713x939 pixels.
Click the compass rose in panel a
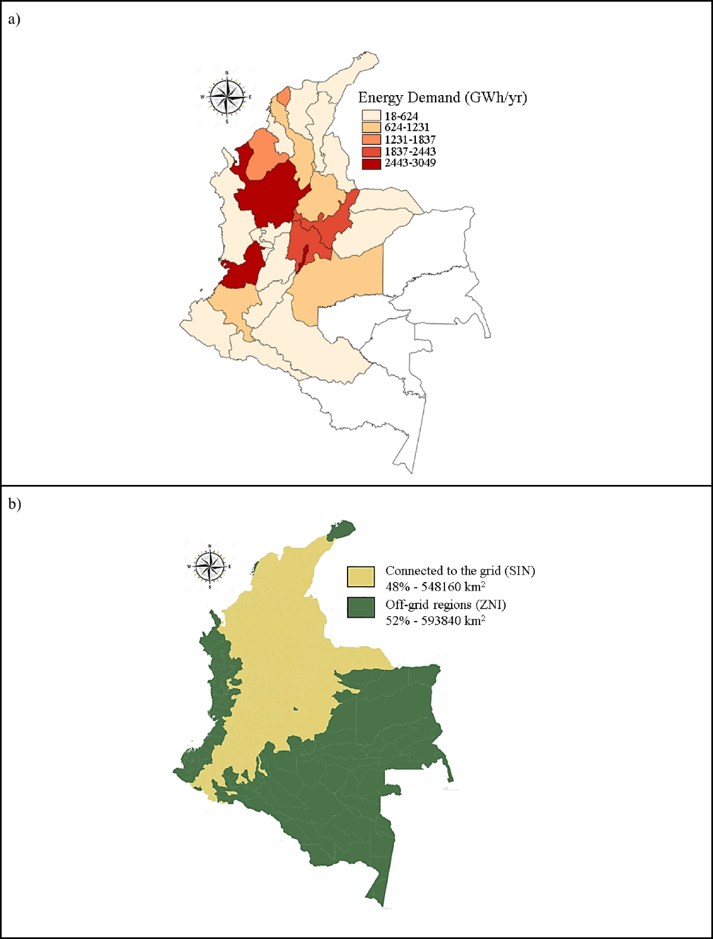[227, 97]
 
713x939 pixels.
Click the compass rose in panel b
[210, 566]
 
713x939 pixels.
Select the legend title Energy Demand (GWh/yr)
[443, 97]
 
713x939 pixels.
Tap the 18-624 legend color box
[371, 116]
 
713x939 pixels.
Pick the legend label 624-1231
[407, 127]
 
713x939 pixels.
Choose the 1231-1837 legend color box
[371, 139]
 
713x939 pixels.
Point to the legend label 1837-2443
[410, 151]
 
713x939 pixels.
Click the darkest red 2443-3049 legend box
[371, 163]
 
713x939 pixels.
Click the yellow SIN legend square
[361, 576]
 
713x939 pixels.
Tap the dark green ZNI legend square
[361, 607]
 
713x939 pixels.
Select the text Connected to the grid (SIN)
[460, 571]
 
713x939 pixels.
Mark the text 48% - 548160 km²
[436, 587]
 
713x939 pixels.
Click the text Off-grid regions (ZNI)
[446, 604]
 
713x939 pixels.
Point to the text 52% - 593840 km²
[436, 620]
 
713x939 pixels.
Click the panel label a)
[14, 19]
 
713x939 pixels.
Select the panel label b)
[14, 504]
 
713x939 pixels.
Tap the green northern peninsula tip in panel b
[342, 528]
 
